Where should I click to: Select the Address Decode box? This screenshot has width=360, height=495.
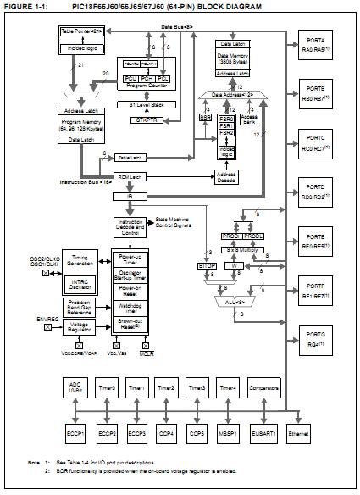[x=228, y=176]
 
